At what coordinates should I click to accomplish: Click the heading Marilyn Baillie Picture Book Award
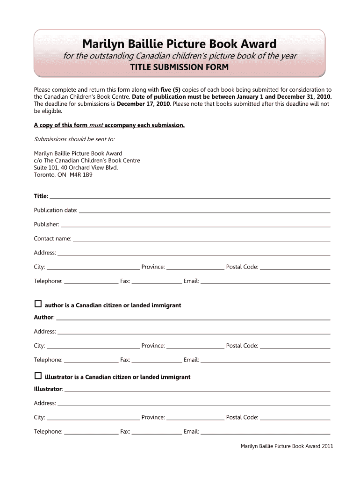click(x=180, y=44)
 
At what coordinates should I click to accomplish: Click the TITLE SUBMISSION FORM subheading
click(x=180, y=67)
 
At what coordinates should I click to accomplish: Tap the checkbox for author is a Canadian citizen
click(x=38, y=305)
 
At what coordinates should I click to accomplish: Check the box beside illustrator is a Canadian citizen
click(x=38, y=376)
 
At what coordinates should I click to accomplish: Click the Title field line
click(x=190, y=198)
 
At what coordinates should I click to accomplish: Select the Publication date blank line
click(x=204, y=212)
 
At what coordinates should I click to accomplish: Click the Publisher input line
click(x=195, y=226)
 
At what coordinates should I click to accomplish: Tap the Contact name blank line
click(x=202, y=240)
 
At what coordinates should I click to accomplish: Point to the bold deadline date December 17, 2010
click(x=144, y=104)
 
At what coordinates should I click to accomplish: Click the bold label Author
click(x=44, y=317)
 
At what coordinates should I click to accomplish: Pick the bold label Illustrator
click(x=48, y=389)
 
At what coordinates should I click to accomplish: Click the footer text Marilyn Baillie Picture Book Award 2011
click(x=287, y=446)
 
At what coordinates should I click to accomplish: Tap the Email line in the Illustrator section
click(x=265, y=433)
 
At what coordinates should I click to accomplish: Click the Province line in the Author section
click(x=195, y=348)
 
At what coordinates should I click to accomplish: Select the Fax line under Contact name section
click(x=157, y=283)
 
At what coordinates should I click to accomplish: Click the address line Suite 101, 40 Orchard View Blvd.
click(x=76, y=167)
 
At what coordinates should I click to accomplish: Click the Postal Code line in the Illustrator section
click(x=295, y=419)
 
